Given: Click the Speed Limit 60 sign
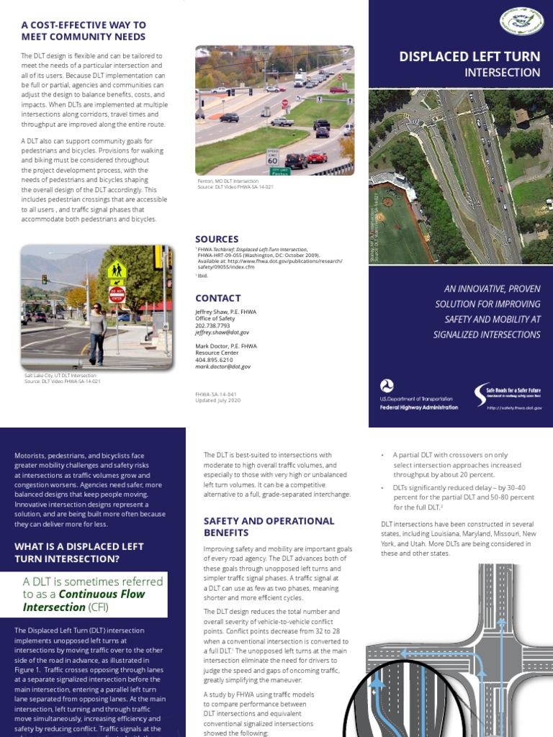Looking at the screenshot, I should click(x=272, y=157).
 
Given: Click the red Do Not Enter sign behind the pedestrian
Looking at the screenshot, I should click(x=117, y=294).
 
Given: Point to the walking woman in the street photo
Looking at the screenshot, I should click(x=96, y=332).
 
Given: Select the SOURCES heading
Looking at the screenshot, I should click(x=217, y=239).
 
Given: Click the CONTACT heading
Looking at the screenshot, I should click(x=217, y=298).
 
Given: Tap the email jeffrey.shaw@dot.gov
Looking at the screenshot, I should click(x=222, y=333).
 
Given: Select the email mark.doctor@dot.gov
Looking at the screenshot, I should click(x=223, y=366).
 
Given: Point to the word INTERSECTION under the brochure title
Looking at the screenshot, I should click(x=502, y=72).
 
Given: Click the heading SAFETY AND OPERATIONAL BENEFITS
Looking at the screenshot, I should click(x=269, y=526).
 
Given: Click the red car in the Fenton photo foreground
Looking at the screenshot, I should click(x=317, y=158).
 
